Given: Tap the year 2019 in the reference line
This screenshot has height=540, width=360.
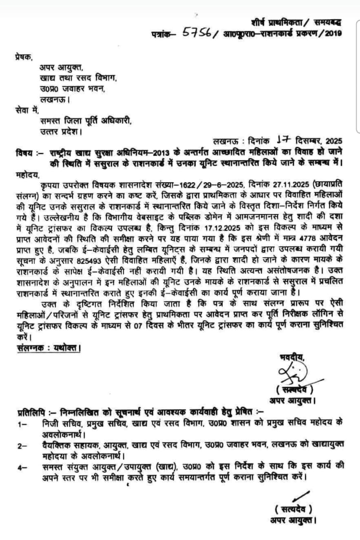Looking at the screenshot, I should click(333, 33).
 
